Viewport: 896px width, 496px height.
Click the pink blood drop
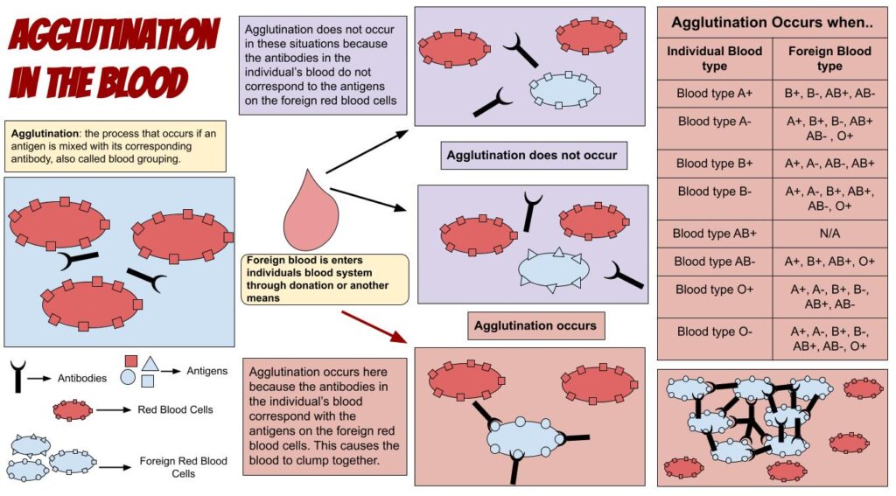click(307, 214)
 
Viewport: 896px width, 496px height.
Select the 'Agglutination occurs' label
click(535, 325)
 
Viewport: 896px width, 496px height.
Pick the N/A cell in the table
click(829, 234)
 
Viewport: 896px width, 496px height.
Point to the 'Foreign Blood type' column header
click(829, 59)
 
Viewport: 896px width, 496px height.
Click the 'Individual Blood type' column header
click(715, 59)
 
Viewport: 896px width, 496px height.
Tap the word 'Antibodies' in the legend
click(82, 379)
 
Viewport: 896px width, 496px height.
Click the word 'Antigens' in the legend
click(206, 371)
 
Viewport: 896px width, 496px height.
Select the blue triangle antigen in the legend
click(150, 361)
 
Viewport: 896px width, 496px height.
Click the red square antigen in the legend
click(130, 360)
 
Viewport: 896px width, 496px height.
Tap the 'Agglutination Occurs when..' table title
click(772, 22)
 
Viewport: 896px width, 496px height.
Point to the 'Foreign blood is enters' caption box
click(325, 278)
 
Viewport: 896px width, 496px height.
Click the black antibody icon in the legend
click(17, 376)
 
